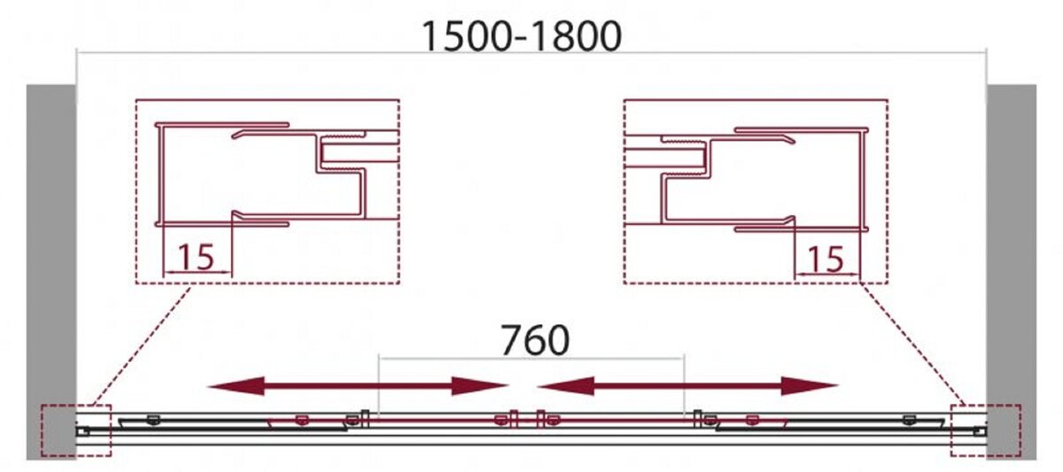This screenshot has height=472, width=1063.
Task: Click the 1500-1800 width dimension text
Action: (x=521, y=36)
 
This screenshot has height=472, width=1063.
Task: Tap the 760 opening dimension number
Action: (x=535, y=340)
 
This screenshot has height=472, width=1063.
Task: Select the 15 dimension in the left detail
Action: (x=196, y=257)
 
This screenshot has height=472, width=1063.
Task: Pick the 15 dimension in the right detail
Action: (x=826, y=259)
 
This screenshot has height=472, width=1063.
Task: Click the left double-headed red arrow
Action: (x=358, y=386)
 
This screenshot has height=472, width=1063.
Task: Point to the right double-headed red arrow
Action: (x=687, y=386)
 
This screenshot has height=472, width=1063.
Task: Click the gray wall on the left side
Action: (x=51, y=272)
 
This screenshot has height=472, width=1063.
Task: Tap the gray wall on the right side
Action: (x=1012, y=272)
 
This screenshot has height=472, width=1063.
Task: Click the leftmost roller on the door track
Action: (x=152, y=420)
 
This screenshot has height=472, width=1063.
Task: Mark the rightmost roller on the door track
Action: (x=909, y=420)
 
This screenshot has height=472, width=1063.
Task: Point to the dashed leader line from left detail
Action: (x=141, y=345)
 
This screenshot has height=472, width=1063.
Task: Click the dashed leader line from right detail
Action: (x=913, y=344)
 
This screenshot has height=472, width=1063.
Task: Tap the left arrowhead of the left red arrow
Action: (x=236, y=386)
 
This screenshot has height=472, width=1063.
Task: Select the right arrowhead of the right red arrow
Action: (x=810, y=386)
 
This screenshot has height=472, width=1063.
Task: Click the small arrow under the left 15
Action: (x=197, y=273)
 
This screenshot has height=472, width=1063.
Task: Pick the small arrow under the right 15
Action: (x=827, y=275)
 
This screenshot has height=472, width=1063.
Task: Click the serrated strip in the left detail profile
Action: (x=344, y=135)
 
